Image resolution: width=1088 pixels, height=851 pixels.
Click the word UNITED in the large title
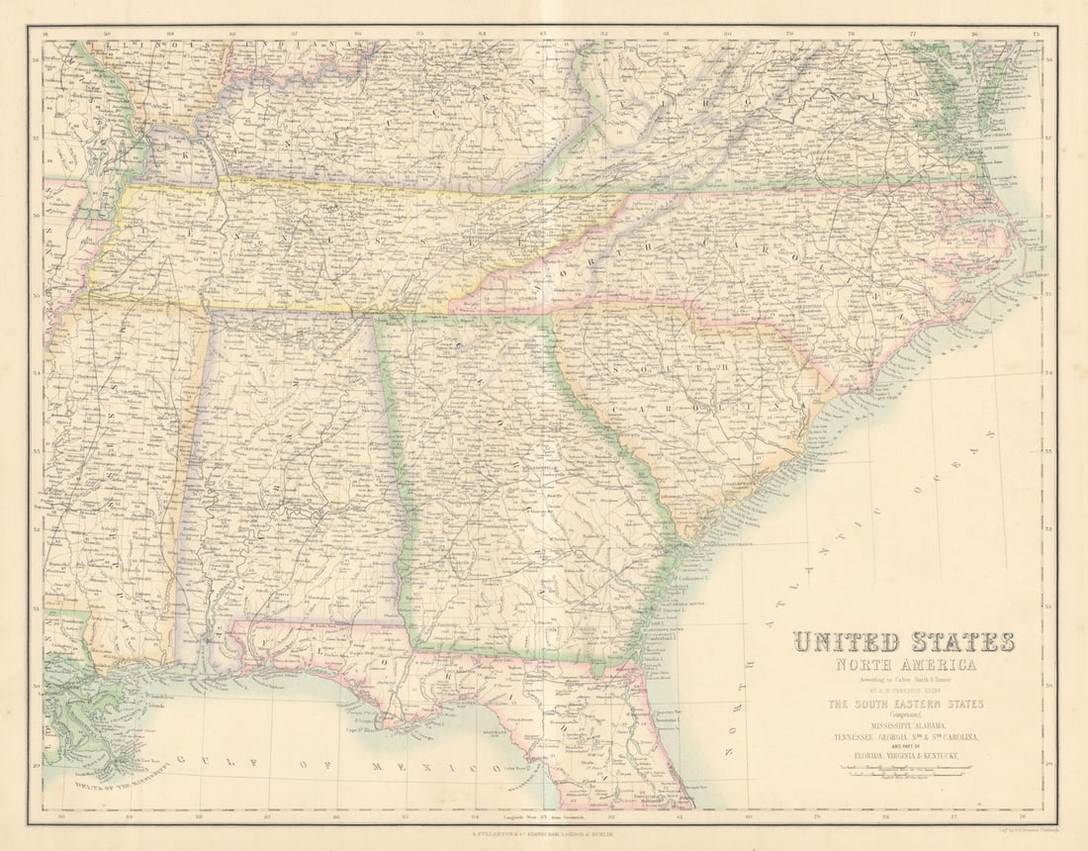click(846, 642)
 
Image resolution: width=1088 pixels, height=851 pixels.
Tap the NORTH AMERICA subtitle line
click(905, 665)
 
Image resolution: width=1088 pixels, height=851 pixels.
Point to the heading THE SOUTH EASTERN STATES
click(905, 704)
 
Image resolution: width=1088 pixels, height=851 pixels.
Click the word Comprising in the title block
click(905, 715)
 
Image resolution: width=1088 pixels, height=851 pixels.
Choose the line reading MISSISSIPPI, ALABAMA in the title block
click(905, 726)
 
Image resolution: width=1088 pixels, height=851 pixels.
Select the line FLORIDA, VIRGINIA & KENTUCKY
click(905, 755)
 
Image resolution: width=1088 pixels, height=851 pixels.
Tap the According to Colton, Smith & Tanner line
click(905, 679)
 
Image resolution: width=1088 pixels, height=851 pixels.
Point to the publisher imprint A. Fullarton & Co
click(544, 836)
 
